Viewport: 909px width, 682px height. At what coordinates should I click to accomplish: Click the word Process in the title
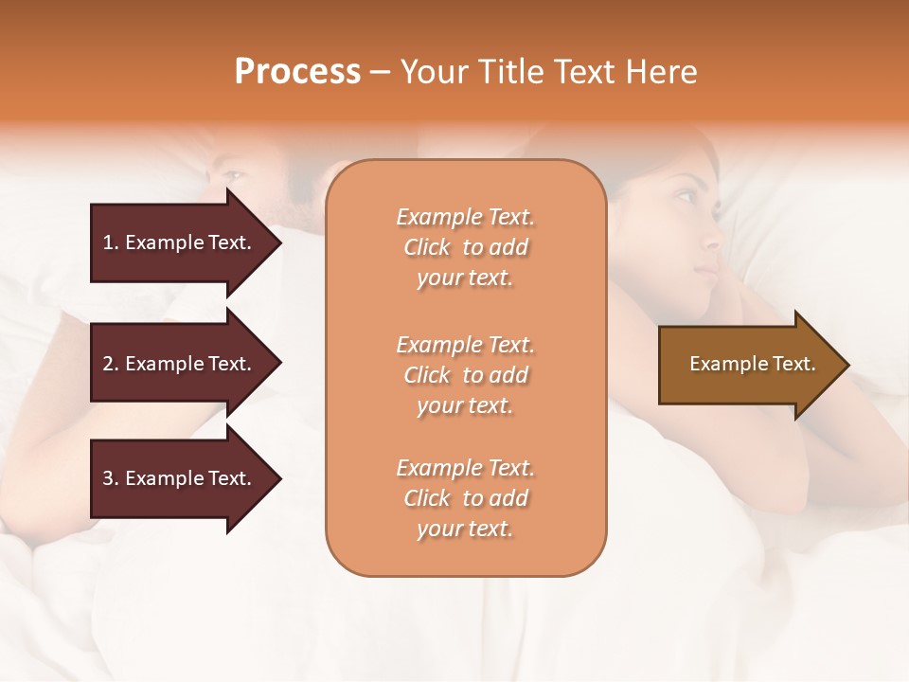(297, 72)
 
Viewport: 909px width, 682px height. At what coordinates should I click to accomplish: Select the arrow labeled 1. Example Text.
(180, 242)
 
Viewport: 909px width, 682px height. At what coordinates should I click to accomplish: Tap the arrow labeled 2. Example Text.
(180, 364)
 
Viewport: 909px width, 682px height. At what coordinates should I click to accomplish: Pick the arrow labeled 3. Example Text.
(180, 478)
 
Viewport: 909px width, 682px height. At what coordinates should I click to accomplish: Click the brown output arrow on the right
(748, 364)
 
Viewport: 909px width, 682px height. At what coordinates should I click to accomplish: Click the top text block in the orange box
(465, 247)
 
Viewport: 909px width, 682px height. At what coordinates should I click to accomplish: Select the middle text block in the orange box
(465, 375)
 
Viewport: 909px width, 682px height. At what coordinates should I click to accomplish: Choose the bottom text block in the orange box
(465, 498)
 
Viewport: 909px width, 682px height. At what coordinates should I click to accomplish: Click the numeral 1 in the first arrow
(107, 242)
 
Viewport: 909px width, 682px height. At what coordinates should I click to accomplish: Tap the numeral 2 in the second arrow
(107, 364)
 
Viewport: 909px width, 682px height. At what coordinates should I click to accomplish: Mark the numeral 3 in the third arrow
(107, 478)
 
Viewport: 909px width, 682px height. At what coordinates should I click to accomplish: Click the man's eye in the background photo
(231, 177)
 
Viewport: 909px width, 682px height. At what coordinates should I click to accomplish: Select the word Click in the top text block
(427, 247)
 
